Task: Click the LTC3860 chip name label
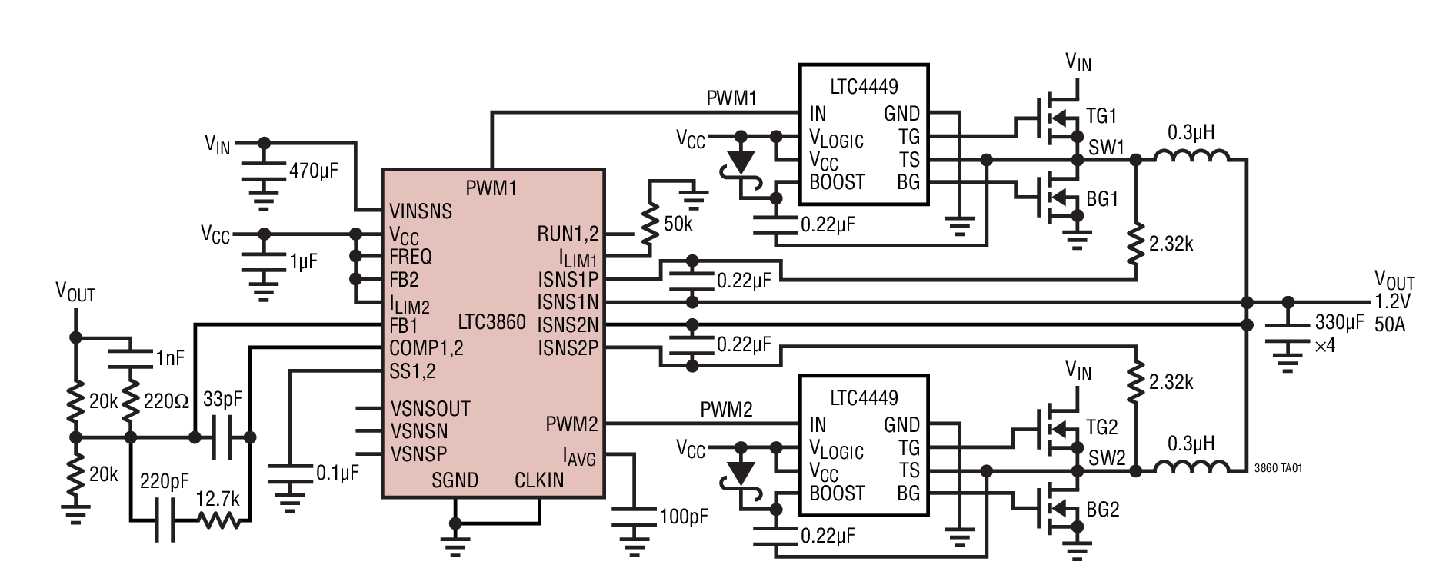491,322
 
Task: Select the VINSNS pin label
421,211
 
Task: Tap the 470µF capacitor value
314,171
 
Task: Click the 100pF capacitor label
684,517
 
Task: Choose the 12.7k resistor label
218,499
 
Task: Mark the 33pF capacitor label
222,400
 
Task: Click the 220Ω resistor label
167,400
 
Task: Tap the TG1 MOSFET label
1101,116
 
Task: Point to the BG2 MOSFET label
1102,509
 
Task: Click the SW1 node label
1107,148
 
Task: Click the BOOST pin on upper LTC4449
837,182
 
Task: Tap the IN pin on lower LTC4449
818,424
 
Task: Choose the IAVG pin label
579,459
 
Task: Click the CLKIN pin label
539,480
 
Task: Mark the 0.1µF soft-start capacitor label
337,473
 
